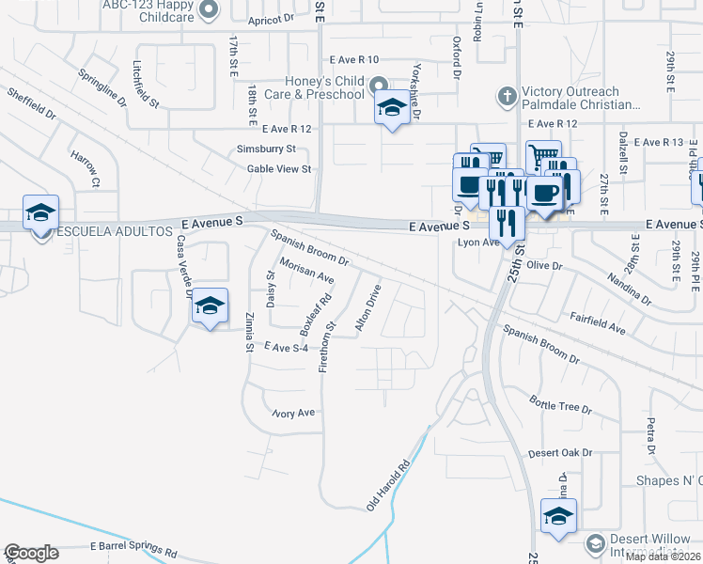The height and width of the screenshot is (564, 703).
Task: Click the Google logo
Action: point(31,553)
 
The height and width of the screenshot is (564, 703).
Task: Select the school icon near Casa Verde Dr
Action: point(211,307)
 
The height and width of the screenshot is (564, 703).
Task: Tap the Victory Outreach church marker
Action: point(507,95)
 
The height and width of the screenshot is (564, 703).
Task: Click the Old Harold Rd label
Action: point(389,485)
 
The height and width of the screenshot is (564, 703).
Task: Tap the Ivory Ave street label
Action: point(293,413)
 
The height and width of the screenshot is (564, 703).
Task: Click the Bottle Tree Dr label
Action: point(560,406)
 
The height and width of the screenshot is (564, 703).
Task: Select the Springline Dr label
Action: point(102,88)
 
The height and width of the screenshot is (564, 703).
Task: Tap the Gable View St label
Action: point(278,169)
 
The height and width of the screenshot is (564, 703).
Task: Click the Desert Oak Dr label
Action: point(560,452)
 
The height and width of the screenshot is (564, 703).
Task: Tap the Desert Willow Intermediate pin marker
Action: point(594,544)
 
